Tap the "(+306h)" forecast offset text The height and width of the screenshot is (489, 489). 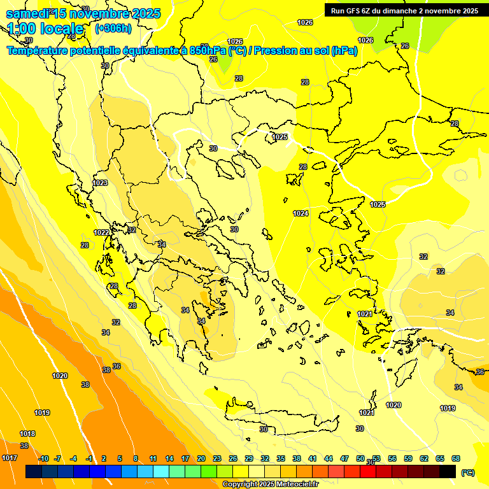(113, 28)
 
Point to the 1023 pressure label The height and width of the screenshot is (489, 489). (100, 183)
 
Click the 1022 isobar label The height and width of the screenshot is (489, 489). (101, 232)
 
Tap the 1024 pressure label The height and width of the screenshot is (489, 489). (301, 213)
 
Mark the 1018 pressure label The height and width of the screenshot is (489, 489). (27, 434)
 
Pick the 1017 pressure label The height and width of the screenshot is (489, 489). (10, 458)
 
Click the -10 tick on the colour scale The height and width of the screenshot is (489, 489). (43, 458)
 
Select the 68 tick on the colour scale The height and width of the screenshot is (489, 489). (456, 458)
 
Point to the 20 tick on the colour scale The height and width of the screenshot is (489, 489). (201, 458)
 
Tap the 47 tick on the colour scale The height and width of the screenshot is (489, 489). (344, 458)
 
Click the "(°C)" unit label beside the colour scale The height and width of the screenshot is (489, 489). (467, 472)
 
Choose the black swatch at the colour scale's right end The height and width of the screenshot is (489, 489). (448, 472)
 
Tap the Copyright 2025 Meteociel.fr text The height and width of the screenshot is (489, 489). (270, 484)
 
